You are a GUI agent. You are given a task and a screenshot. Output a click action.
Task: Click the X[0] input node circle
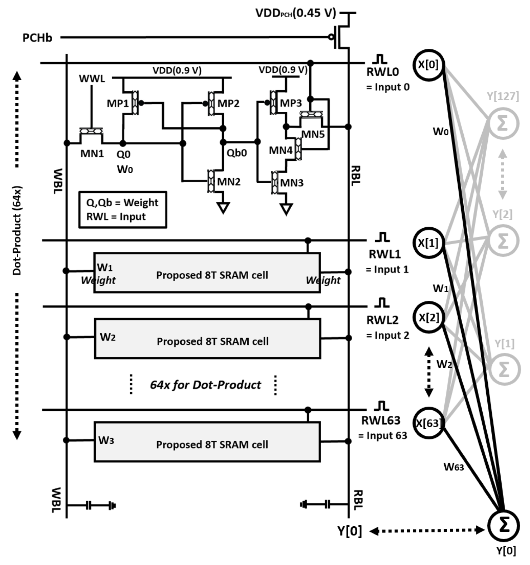(x=429, y=65)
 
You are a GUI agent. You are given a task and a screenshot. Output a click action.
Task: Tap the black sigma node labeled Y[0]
(x=503, y=526)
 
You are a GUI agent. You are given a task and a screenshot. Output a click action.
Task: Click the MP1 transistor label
(x=118, y=103)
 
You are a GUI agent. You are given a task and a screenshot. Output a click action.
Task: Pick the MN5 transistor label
(x=312, y=134)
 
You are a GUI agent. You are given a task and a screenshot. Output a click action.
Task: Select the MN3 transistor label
(x=292, y=183)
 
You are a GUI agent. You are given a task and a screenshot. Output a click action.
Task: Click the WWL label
(x=92, y=78)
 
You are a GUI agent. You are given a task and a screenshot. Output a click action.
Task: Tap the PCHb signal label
(x=37, y=38)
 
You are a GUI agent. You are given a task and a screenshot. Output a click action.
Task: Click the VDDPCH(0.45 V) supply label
(x=296, y=13)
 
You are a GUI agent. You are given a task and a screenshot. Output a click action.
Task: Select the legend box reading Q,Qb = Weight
(x=123, y=210)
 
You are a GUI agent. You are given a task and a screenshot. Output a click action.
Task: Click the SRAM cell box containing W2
(x=207, y=339)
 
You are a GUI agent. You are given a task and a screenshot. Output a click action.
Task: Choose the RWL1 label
(x=385, y=254)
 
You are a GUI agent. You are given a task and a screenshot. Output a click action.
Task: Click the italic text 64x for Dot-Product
(x=205, y=385)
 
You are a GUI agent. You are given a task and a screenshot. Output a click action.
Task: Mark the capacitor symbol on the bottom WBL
(x=89, y=506)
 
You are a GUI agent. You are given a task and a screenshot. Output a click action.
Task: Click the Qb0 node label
(x=237, y=153)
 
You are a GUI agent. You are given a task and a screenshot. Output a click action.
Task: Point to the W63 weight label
(x=454, y=467)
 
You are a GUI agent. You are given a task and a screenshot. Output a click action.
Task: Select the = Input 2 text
(x=387, y=335)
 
